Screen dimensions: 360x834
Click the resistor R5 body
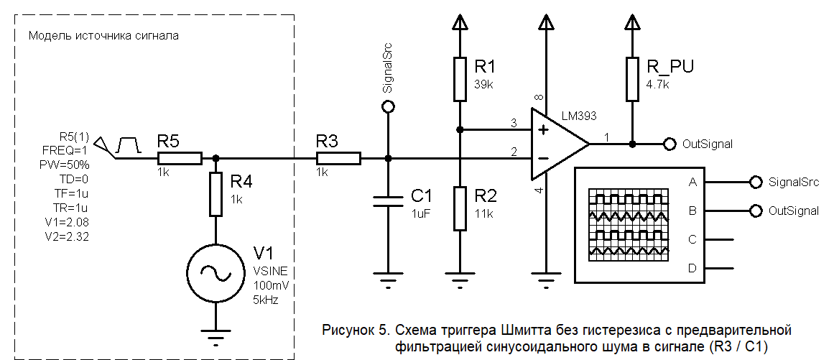point(179,157)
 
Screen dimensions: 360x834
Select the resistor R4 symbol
point(216,194)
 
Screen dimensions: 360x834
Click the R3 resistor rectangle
point(339,157)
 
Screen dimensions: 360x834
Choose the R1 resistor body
point(460,79)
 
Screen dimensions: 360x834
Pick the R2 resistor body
point(460,208)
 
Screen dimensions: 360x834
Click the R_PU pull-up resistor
point(632,79)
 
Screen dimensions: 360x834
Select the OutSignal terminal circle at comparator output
point(669,144)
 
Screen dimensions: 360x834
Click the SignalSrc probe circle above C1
point(388,106)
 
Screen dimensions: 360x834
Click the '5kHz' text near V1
point(266,300)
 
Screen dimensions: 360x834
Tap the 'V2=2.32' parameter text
point(65,236)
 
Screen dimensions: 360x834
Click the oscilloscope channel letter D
point(692,267)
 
